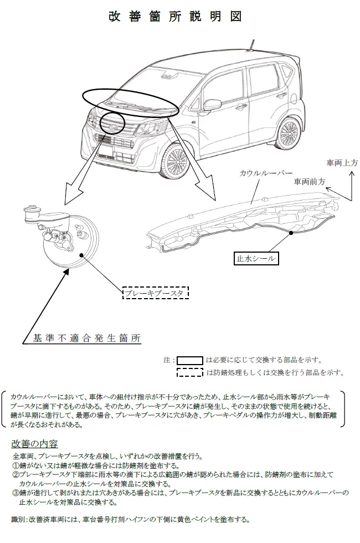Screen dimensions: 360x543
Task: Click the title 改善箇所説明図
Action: click(175, 17)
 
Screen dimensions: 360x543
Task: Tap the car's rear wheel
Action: click(289, 132)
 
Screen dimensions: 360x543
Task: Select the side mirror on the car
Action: click(212, 105)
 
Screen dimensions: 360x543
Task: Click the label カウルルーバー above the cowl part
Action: click(266, 173)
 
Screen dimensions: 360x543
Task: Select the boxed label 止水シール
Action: click(256, 258)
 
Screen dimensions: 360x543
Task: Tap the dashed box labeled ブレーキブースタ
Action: click(156, 293)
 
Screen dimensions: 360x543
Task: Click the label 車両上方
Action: click(342, 162)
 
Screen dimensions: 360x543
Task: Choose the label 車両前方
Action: click(310, 181)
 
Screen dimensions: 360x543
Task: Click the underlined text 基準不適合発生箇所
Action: click(87, 338)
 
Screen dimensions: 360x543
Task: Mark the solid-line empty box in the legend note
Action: click(189, 361)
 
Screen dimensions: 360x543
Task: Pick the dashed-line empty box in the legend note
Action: click(189, 372)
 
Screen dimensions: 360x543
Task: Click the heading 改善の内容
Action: click(34, 444)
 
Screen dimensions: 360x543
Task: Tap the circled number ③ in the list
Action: click(16, 493)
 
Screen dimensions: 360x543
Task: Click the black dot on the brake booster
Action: click(82, 255)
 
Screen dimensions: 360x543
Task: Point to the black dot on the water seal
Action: click(291, 233)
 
